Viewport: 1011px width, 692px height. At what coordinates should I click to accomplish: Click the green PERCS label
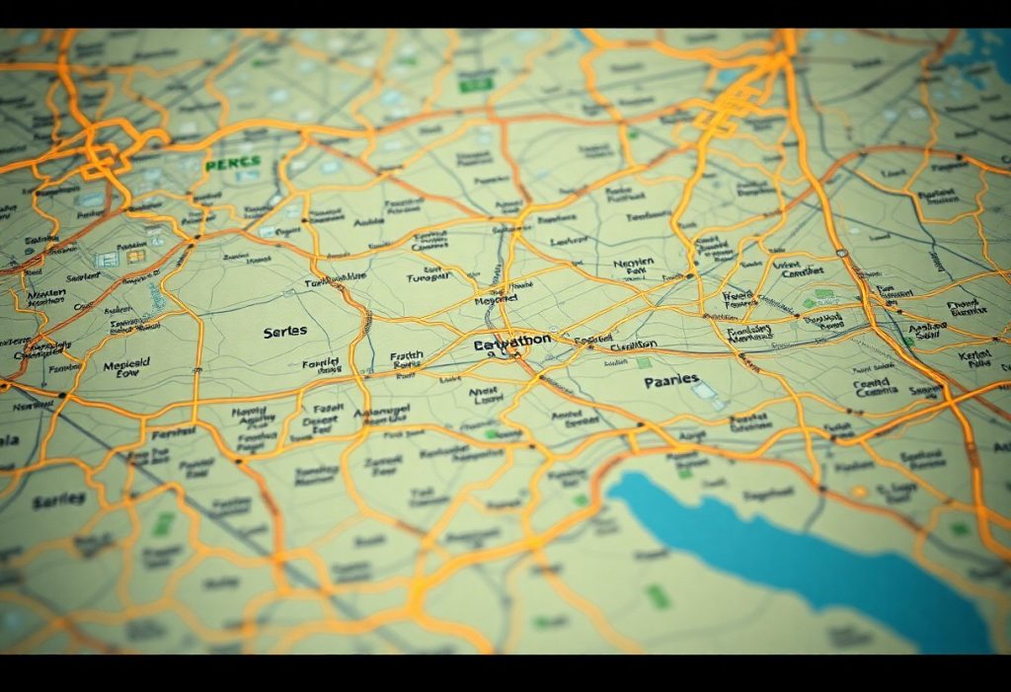234,162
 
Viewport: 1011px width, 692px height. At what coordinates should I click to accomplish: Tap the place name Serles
285,332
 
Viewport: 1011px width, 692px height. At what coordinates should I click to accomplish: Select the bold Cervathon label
512,344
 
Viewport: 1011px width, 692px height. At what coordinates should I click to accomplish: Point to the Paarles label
671,380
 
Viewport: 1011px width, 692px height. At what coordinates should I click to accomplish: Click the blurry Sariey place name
58,501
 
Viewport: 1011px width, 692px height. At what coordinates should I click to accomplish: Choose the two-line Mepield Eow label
127,369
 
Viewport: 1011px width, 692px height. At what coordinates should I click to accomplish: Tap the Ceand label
871,386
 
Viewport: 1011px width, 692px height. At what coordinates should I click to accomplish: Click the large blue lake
790,553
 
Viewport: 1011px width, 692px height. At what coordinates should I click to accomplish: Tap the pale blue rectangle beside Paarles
703,391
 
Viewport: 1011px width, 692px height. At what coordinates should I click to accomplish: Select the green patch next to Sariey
162,523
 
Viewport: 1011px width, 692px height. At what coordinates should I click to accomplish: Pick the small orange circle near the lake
859,491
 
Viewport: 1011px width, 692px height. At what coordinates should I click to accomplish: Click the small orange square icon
135,256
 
